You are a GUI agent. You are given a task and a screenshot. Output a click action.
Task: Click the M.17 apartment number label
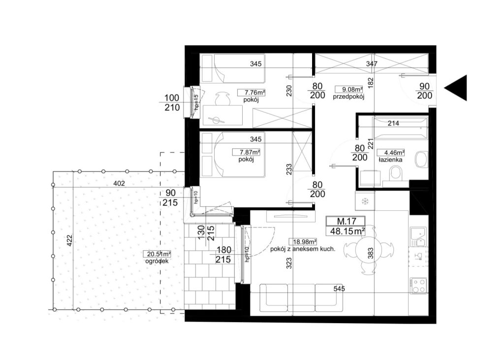coord(346,221)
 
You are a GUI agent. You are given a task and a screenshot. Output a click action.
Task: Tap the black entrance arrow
coord(455,88)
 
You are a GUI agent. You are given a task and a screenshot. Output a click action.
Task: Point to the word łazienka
coord(390,160)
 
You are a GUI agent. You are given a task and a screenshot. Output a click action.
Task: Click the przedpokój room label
coord(348,97)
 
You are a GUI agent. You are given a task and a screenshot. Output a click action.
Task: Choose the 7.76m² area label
coord(252,93)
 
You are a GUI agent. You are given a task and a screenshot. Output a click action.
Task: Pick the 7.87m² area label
coord(246,152)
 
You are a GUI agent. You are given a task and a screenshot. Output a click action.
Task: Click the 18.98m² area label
coord(303,242)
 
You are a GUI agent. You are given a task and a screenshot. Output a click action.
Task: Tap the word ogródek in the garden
coord(157,261)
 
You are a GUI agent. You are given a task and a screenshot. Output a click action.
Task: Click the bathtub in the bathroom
coord(400,129)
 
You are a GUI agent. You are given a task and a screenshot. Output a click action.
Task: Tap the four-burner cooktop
coord(418,285)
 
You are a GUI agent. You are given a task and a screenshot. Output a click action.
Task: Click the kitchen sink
coord(418,237)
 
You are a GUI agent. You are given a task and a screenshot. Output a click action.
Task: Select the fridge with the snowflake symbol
coord(365,201)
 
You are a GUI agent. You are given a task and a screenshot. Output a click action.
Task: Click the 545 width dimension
coord(339,289)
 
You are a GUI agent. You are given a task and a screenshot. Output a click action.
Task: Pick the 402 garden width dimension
coord(119,184)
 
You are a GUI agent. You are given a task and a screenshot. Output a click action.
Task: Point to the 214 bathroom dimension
coord(393,123)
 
